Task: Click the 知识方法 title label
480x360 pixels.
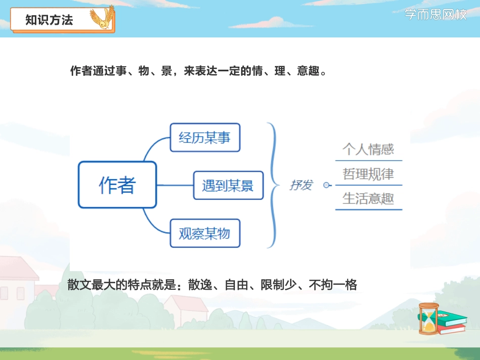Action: (49, 20)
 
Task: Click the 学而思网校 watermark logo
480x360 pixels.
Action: (436, 15)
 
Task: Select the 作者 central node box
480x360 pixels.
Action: (117, 185)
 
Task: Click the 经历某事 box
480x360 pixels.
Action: (205, 137)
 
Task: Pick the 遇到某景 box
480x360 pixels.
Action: (228, 185)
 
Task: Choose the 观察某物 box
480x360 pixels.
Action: (205, 233)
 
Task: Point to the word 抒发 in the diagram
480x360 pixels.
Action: (301, 185)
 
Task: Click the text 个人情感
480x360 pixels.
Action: (368, 149)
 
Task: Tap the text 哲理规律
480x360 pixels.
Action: (368, 174)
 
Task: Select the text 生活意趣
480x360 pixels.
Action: (368, 198)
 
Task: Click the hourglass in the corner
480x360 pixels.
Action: (428, 318)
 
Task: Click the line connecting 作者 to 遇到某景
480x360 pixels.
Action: (175, 185)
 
